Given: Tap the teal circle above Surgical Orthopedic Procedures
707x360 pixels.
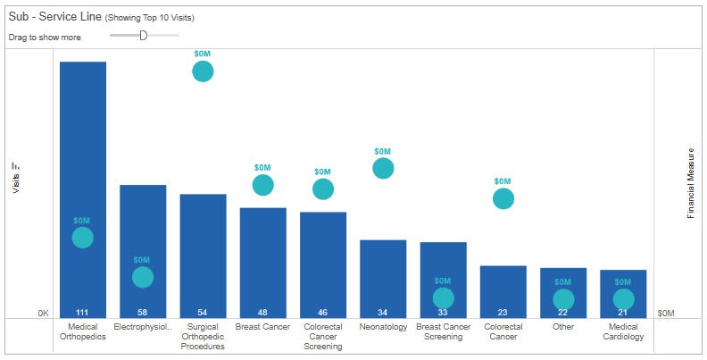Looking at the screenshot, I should (203, 71).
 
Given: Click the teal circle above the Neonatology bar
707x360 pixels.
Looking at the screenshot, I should (383, 168).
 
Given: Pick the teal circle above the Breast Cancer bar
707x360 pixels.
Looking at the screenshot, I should (262, 185).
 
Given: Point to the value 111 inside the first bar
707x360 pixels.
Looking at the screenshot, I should (83, 312).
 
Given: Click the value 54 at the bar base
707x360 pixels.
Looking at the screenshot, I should (203, 312).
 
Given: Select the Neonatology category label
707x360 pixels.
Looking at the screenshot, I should (383, 327).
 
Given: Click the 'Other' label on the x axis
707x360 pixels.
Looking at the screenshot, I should (563, 327).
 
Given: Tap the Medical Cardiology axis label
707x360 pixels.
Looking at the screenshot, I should (623, 331).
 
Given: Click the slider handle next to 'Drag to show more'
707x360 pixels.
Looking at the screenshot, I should (143, 35).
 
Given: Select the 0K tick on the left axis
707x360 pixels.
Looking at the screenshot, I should (43, 314).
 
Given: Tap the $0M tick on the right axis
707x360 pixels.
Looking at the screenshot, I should (666, 314).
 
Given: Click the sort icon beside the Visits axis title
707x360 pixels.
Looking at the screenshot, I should (15, 165).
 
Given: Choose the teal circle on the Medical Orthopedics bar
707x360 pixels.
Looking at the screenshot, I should (82, 237).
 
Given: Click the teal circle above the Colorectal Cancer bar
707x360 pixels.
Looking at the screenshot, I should (503, 198).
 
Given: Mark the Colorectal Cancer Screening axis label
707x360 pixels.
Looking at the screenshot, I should (323, 336).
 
